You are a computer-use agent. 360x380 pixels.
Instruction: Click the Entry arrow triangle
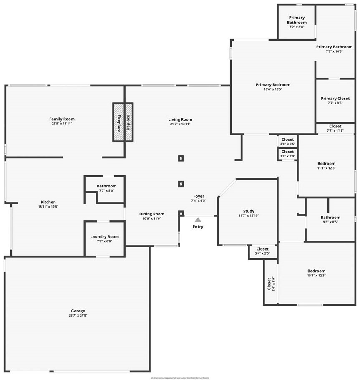[198, 219]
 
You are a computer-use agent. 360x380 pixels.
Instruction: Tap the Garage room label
[78, 311]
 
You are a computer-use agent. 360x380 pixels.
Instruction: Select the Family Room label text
[62, 119]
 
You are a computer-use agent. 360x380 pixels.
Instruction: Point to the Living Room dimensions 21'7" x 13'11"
[180, 124]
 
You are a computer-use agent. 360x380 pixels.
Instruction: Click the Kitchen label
[48, 202]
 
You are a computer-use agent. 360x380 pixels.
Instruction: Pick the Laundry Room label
[104, 236]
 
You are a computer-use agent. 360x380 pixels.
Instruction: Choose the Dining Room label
[151, 214]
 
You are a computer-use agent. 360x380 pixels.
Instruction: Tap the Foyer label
[199, 196]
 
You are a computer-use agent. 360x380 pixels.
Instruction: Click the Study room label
[249, 211]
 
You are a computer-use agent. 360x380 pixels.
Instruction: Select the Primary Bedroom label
[273, 84]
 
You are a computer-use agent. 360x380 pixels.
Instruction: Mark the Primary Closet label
[335, 99]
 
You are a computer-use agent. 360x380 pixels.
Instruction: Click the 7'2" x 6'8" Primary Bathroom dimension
[297, 27]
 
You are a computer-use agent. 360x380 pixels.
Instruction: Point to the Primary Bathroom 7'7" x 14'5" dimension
[334, 51]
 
